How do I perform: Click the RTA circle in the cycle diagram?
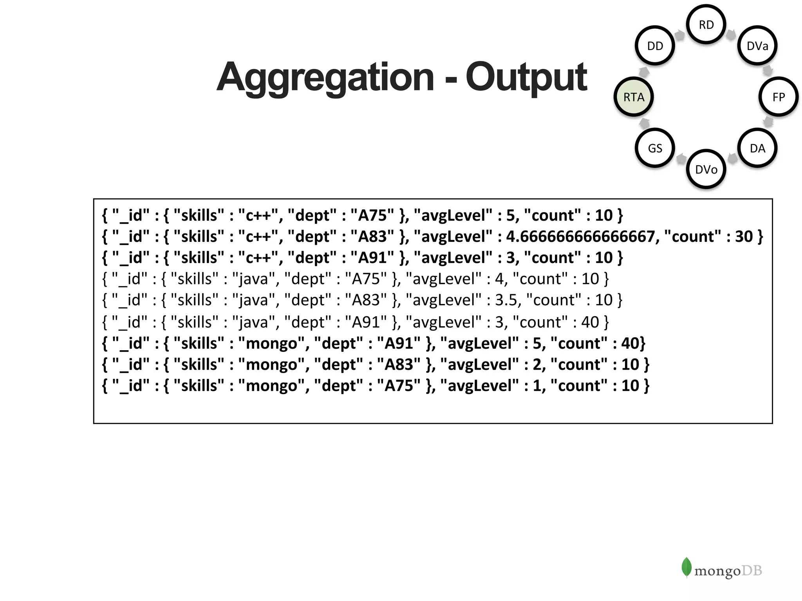tap(633, 97)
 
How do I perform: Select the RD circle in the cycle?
tap(706, 25)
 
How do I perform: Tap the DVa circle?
tap(757, 46)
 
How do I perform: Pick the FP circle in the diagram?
tap(778, 97)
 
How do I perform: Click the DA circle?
tap(757, 148)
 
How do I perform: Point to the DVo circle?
tap(706, 169)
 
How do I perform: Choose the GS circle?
tap(655, 148)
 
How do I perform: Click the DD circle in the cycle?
tap(655, 46)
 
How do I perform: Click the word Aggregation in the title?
tap(325, 77)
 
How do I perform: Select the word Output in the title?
tap(526, 77)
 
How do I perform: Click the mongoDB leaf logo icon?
tap(686, 567)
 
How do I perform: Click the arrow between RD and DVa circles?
tap(730, 35)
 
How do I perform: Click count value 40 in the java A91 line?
tap(590, 322)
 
